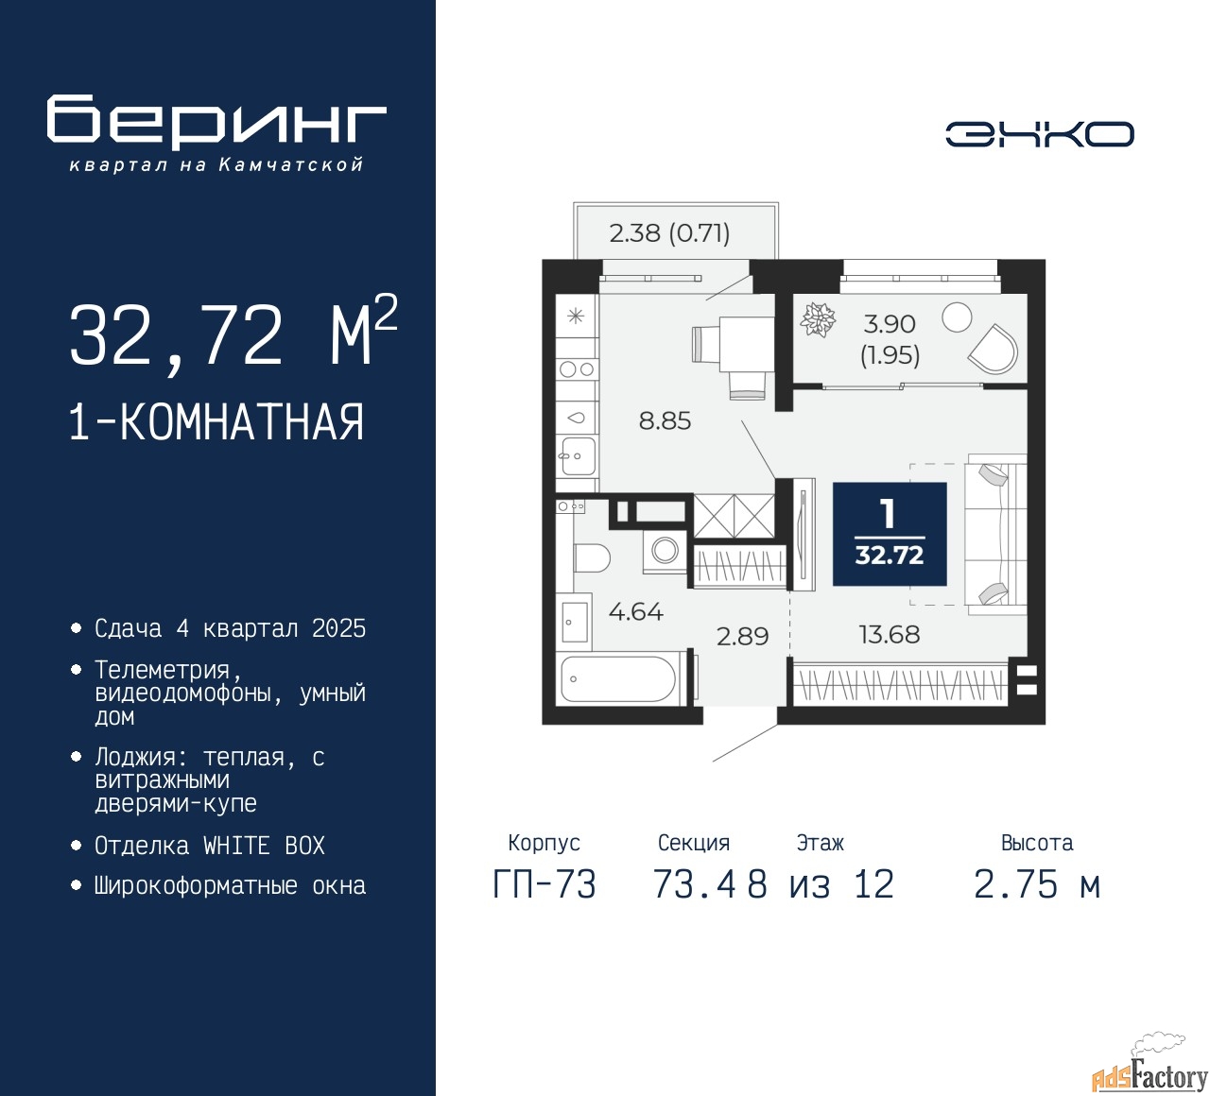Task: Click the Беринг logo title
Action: [x=216, y=122]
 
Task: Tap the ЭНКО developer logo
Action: [x=1039, y=134]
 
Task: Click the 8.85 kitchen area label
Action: [x=665, y=420]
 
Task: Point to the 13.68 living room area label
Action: [x=890, y=634]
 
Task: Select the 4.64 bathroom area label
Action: [x=636, y=612]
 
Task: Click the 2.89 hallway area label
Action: [x=742, y=636]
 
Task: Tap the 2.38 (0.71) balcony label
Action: [x=669, y=232]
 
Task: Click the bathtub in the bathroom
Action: [x=618, y=678]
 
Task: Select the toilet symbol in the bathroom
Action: [x=592, y=558]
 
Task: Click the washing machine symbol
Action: [x=665, y=551]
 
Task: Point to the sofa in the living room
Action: [x=995, y=534]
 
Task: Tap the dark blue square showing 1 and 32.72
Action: [x=890, y=534]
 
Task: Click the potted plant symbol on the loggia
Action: [x=818, y=319]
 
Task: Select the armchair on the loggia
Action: [x=993, y=349]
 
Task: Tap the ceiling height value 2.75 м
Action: [x=1037, y=884]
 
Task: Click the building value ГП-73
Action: [x=544, y=884]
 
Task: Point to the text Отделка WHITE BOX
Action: [x=209, y=846]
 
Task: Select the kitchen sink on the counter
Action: [x=578, y=456]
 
